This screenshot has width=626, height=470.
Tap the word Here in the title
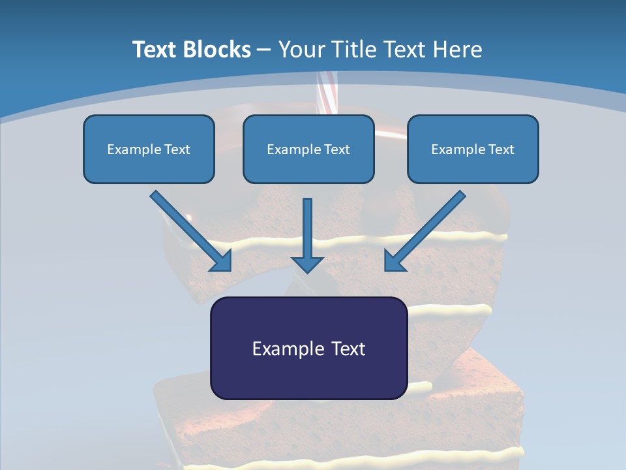click(x=458, y=50)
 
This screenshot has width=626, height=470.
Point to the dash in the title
click(x=264, y=51)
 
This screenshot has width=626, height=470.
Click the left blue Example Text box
click(x=149, y=149)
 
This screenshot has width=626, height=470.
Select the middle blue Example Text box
click(x=308, y=149)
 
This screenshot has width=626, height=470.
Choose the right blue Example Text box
click(x=473, y=149)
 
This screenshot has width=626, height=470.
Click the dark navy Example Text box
click(x=309, y=348)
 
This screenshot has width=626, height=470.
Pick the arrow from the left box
click(x=191, y=231)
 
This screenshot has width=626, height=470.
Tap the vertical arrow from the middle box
click(x=307, y=236)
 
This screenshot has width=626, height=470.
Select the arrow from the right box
click(x=425, y=231)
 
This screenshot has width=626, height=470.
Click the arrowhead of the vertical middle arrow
click(x=307, y=264)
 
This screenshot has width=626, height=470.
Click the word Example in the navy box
click(x=284, y=349)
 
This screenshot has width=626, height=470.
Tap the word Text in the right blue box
click(x=501, y=149)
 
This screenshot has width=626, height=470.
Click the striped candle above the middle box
click(x=327, y=93)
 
